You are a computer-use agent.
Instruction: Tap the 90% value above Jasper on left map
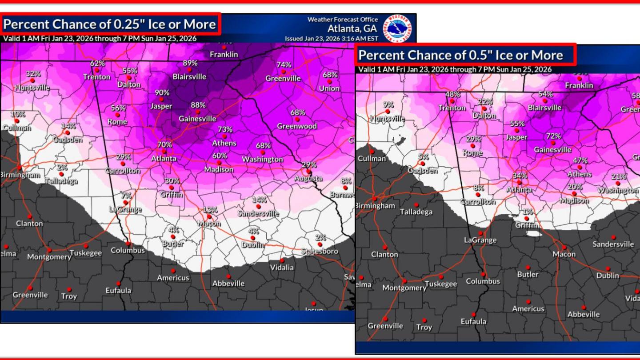click(x=162, y=92)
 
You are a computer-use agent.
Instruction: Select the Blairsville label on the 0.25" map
click(x=189, y=76)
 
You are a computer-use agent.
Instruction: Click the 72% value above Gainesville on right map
click(x=553, y=136)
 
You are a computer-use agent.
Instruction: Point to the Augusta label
click(x=308, y=178)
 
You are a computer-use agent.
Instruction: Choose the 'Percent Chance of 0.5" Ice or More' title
click(x=460, y=55)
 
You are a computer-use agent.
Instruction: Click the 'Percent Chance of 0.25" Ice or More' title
click(x=110, y=24)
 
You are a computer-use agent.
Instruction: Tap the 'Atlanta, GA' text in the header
click(x=352, y=28)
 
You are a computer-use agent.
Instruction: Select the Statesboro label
click(x=319, y=251)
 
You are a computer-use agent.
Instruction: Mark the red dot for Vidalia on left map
click(x=282, y=260)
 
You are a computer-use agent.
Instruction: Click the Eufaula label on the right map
click(x=473, y=321)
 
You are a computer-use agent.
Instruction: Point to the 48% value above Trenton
click(x=452, y=94)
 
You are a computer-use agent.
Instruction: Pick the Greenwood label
click(x=297, y=126)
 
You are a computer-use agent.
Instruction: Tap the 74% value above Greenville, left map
click(x=284, y=64)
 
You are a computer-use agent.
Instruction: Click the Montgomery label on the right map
click(x=404, y=288)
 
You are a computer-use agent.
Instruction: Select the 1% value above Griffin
click(x=528, y=212)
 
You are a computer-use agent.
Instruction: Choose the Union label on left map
click(x=329, y=88)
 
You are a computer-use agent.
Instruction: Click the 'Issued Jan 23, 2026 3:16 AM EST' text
click(x=332, y=39)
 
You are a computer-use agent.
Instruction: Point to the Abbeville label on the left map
click(x=228, y=283)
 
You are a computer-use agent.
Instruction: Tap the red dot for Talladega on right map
click(x=416, y=205)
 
